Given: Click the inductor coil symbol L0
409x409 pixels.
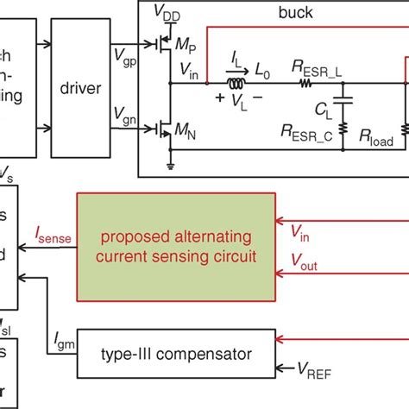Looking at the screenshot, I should pos(236,84).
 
